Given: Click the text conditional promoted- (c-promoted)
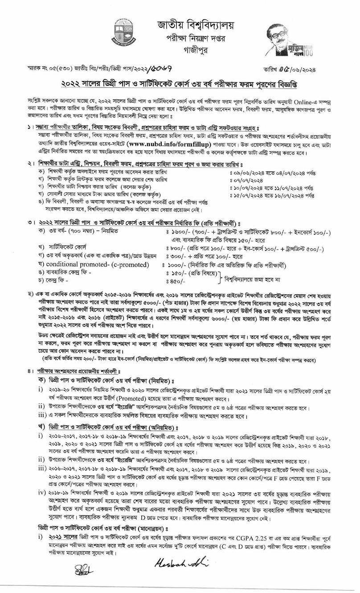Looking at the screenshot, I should click(x=90, y=264).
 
